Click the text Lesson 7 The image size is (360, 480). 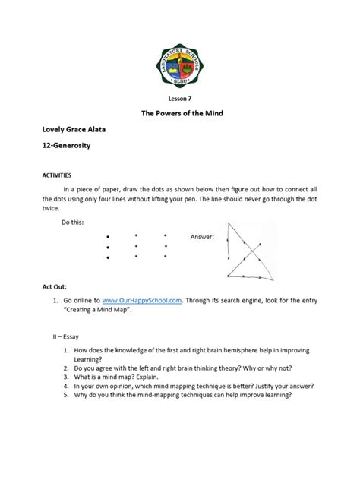(179, 98)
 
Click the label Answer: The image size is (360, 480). (201, 238)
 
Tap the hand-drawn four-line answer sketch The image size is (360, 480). (243, 251)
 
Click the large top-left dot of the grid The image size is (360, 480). (109, 236)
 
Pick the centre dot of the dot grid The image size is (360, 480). (135, 246)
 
